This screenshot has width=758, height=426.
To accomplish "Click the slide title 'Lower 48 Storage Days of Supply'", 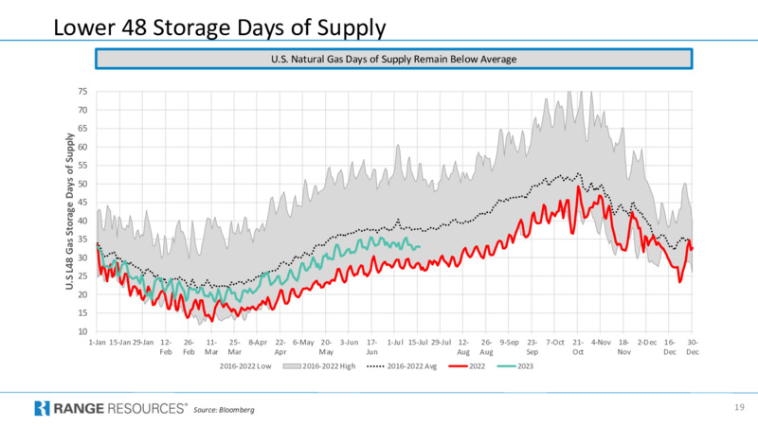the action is coord(220,27).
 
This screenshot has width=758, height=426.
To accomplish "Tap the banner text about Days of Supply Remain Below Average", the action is coord(393,60).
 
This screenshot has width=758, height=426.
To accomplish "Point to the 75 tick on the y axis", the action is coord(82,92).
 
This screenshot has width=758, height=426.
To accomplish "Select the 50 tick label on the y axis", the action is coord(82,184).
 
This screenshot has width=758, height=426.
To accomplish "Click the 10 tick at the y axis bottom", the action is coord(82,332).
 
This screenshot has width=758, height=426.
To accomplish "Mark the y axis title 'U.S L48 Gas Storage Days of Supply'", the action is coord(69,211).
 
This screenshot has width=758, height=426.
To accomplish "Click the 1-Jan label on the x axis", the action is coord(98,343).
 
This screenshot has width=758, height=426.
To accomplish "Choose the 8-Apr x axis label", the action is coord(258,343).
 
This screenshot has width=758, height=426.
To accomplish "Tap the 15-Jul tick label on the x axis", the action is coord(418,343).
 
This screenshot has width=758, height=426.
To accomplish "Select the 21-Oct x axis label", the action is coord(578,346).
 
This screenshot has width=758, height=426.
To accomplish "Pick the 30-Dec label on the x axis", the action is coord(693,346).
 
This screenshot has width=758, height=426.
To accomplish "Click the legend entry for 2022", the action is coord(466,366).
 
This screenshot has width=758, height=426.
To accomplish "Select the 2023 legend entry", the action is coord(515,366).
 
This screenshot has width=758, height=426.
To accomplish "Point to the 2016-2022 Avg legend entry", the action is coord(402,366).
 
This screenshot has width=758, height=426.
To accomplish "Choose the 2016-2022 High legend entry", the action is coord(319,366).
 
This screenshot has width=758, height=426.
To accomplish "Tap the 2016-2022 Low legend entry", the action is coord(245,366).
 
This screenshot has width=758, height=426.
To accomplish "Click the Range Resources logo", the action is coord(111,409).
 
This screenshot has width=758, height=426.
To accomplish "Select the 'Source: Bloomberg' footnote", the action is coord(224,410).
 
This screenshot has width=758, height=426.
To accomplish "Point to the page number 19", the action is coord(739,408).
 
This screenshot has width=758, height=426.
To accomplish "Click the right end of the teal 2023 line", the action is coord(420,247).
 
